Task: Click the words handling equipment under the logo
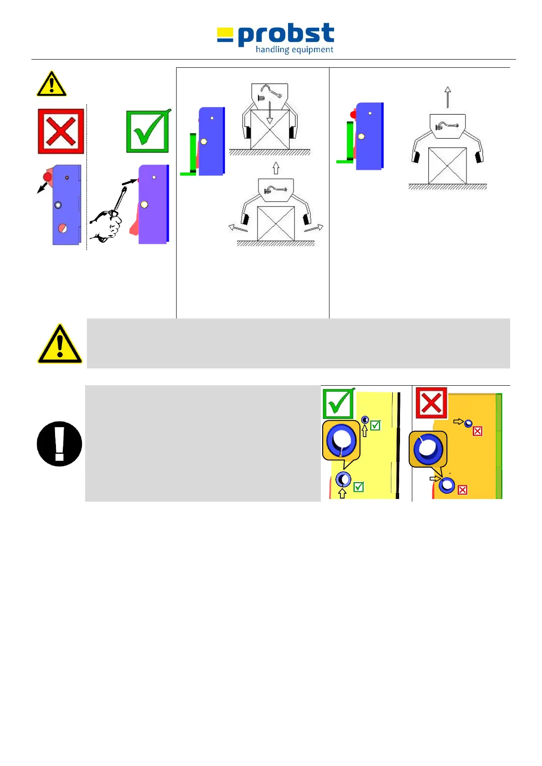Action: pyautogui.click(x=294, y=50)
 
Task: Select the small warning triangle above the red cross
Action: pyautogui.click(x=51, y=85)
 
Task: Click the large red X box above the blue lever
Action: pyautogui.click(x=61, y=131)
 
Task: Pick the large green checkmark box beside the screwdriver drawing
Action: pyautogui.click(x=148, y=132)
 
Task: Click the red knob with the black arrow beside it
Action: pyautogui.click(x=47, y=177)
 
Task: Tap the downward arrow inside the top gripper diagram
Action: pyautogui.click(x=269, y=113)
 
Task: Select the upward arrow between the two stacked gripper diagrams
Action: pyautogui.click(x=276, y=168)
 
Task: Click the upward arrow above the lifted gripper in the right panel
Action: pyautogui.click(x=448, y=97)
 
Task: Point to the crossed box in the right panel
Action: pyautogui.click(x=447, y=166)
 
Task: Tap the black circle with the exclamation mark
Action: pyautogui.click(x=60, y=443)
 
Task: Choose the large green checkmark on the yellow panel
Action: pyautogui.click(x=338, y=403)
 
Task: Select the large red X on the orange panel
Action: pyautogui.click(x=431, y=403)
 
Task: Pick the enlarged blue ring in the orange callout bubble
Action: pyautogui.click(x=428, y=448)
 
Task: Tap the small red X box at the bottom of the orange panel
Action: pyautogui.click(x=462, y=490)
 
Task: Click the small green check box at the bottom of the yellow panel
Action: pyautogui.click(x=359, y=487)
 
